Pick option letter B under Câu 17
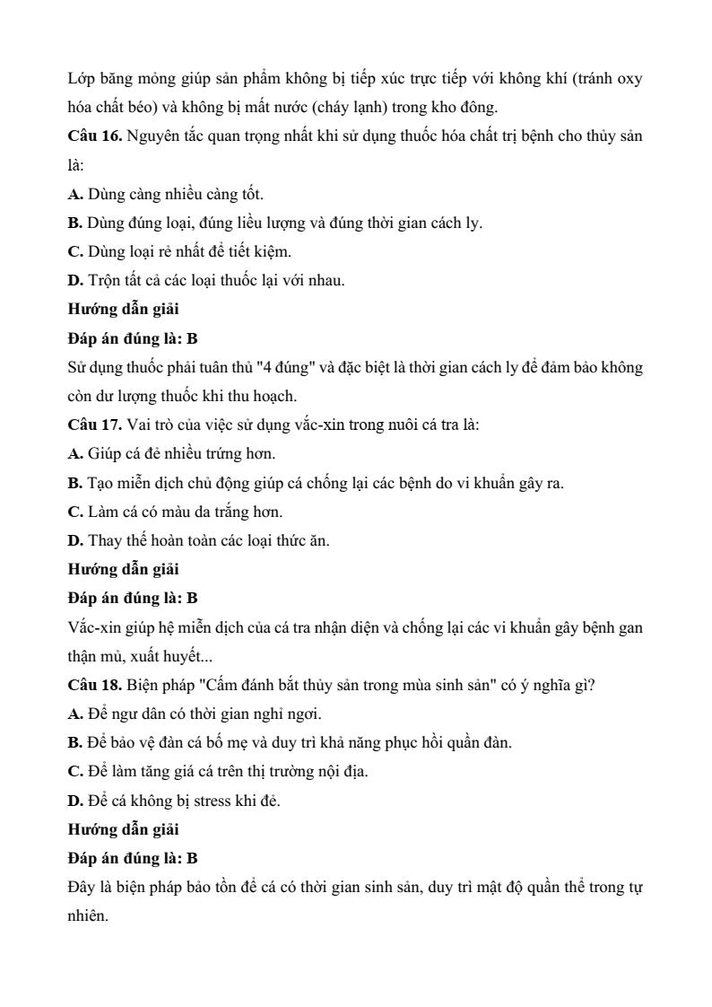(x=74, y=483)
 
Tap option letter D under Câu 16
(x=74, y=280)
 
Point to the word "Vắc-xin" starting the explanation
(x=92, y=626)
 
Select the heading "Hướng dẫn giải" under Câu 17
(x=124, y=569)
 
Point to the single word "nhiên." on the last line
(x=88, y=916)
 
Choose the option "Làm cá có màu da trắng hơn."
(x=187, y=512)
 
